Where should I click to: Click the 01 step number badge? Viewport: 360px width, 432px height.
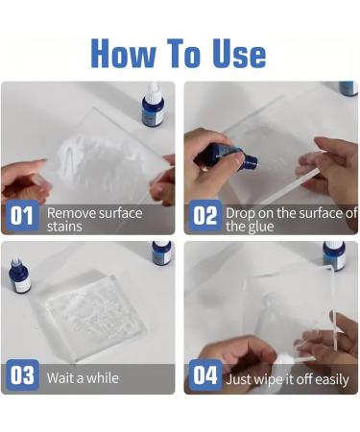(x=22, y=216)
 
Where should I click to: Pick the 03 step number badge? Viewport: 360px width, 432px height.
(x=22, y=375)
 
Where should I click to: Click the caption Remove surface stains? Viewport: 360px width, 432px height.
(x=94, y=219)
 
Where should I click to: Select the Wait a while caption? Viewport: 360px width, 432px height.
(x=83, y=377)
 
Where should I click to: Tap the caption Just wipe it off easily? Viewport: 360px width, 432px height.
(x=287, y=378)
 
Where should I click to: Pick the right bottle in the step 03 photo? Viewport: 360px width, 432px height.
(x=161, y=252)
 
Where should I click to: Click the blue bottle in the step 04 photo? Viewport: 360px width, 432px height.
(x=333, y=255)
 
